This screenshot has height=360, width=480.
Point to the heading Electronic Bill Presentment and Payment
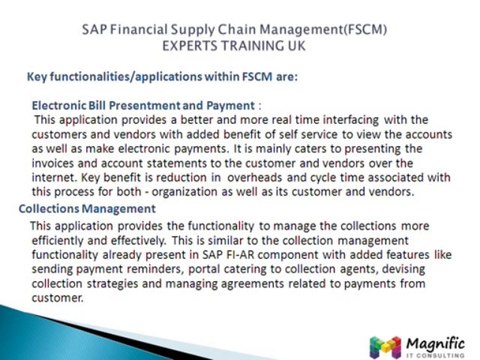click(x=143, y=104)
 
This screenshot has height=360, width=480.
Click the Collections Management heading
click(x=87, y=208)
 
